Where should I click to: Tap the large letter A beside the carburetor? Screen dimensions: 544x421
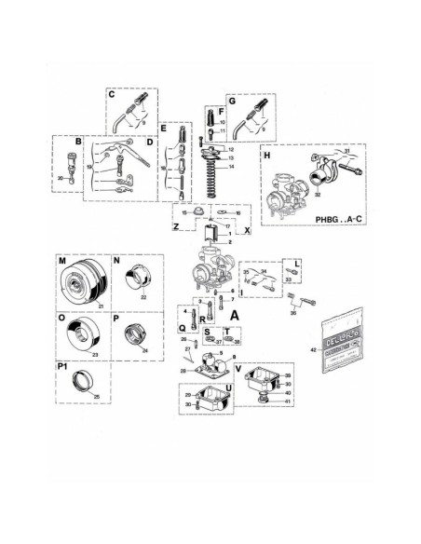point(235,316)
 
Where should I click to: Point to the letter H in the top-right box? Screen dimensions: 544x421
point(267,156)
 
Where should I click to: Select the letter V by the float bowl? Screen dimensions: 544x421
point(240,366)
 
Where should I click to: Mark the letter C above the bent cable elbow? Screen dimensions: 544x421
point(111,94)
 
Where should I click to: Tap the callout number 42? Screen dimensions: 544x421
point(314,347)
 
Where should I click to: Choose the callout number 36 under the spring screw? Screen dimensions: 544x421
point(293,314)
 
